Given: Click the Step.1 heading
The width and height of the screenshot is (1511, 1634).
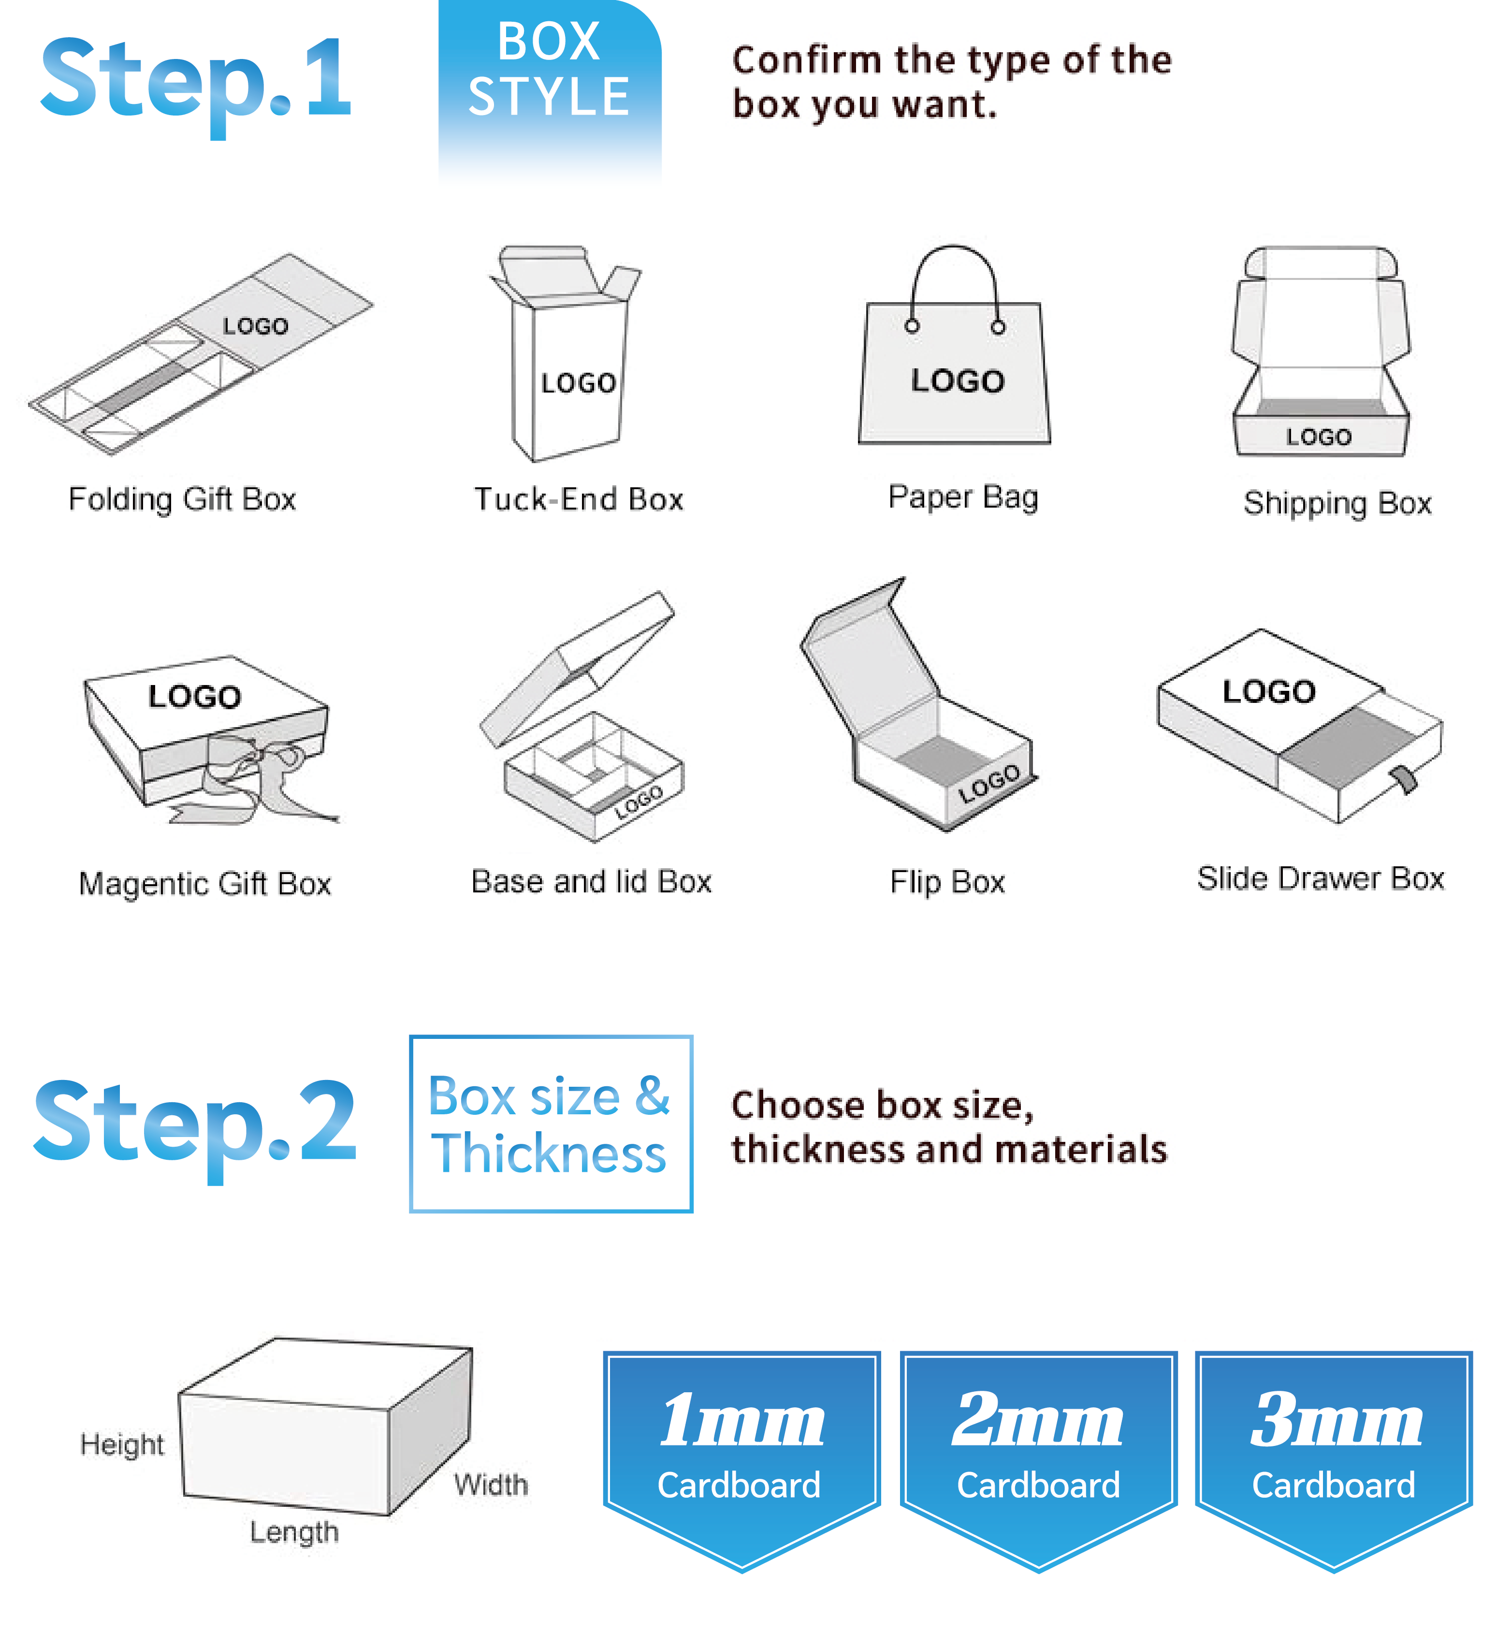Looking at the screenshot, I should pyautogui.click(x=196, y=79).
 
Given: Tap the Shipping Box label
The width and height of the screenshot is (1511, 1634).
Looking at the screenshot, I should pyautogui.click(x=1337, y=503).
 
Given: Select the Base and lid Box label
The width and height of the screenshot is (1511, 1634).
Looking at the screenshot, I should pyautogui.click(x=591, y=882).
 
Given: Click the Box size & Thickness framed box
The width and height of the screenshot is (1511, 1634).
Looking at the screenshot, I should pyautogui.click(x=550, y=1123).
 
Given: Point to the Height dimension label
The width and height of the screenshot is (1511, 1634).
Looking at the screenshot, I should pyautogui.click(x=122, y=1445).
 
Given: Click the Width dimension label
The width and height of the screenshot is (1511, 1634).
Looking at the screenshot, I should pyautogui.click(x=491, y=1484).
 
